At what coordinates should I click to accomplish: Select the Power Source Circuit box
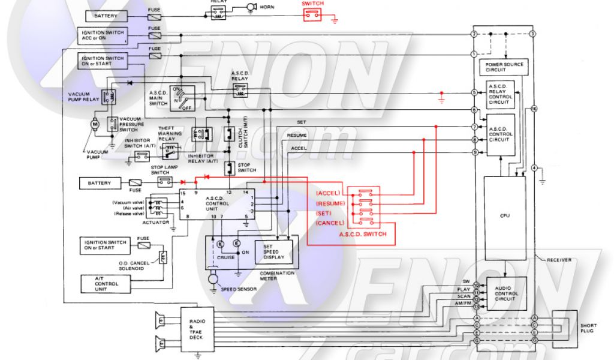pos(505,67)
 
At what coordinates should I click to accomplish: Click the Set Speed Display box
pos(275,251)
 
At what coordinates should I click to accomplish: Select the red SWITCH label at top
pos(312,4)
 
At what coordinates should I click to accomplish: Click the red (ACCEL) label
pos(328,193)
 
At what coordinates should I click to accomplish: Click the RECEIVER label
pos(558,260)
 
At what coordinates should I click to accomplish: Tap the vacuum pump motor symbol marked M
pos(95,125)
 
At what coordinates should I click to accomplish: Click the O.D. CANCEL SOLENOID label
pos(134,266)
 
